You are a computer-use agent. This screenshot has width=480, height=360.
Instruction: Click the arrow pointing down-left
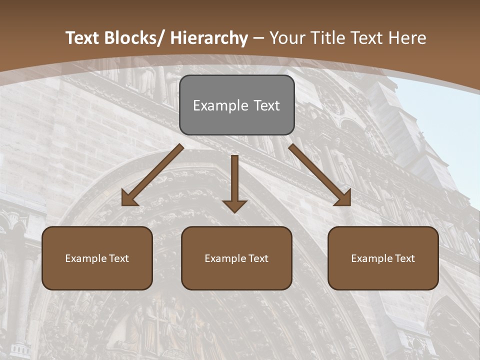pos(152,175)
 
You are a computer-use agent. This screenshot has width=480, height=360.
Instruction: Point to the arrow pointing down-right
pos(320,175)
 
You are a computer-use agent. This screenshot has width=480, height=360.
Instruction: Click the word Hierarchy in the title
pos(209,38)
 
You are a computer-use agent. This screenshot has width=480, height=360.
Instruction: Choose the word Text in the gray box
pos(265,105)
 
